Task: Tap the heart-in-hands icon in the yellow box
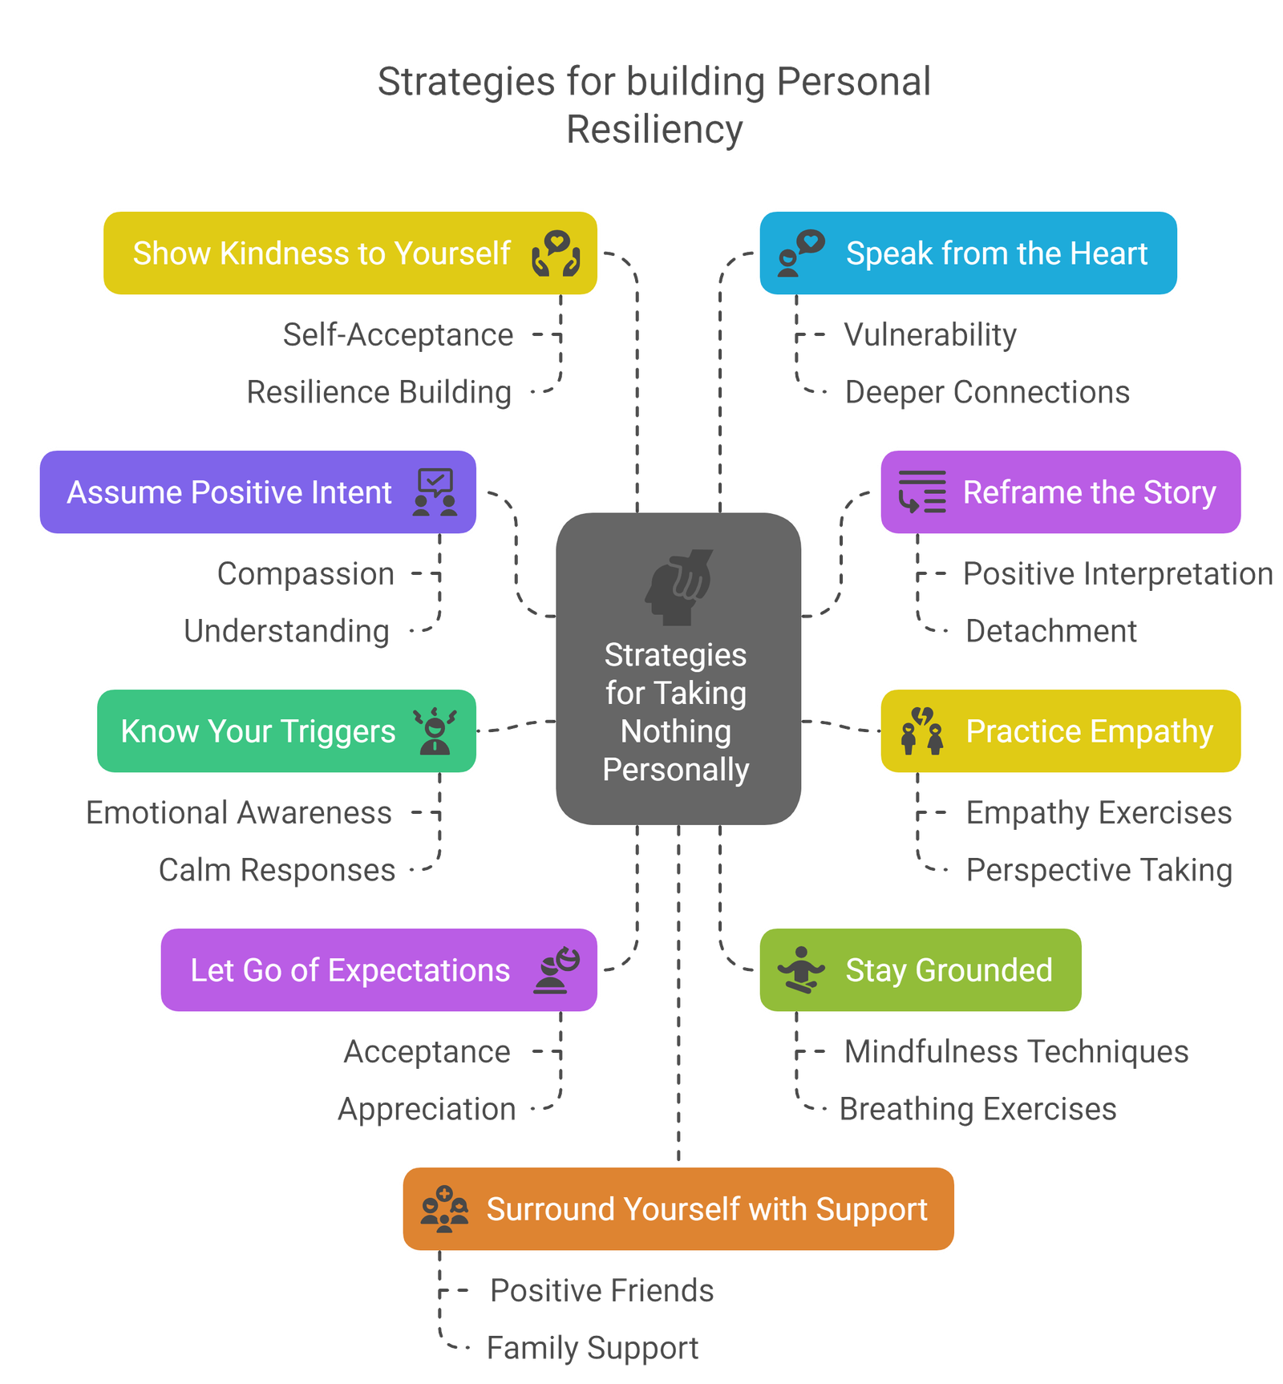556,253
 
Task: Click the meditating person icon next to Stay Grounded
800,969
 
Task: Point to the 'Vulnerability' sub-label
930,334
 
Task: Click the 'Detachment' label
1050,631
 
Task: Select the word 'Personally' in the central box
676,770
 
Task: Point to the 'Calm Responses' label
277,870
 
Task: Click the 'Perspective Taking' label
1099,870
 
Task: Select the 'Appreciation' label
426,1109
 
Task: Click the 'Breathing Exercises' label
978,1109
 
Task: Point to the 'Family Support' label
593,1348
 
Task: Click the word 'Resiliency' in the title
655,129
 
